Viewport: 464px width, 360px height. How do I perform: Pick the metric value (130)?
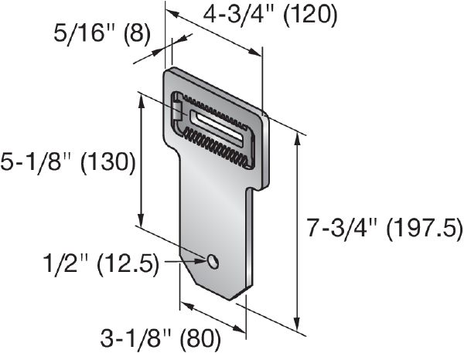click(x=108, y=162)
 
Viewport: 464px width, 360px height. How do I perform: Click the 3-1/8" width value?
click(x=135, y=338)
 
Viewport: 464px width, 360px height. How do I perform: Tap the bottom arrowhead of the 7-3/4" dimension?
click(x=299, y=322)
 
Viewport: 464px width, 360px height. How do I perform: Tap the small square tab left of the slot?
click(x=177, y=111)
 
